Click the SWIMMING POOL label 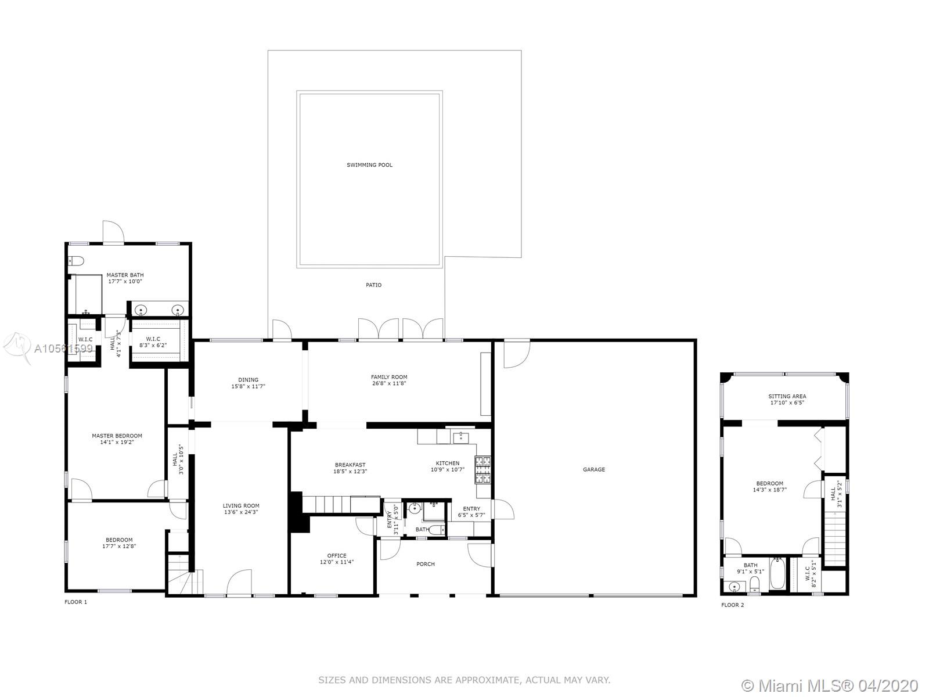point(369,165)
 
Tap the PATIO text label point(374,285)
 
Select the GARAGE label point(594,469)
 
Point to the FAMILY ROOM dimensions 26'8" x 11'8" point(389,383)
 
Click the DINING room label point(248,380)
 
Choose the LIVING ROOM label point(241,506)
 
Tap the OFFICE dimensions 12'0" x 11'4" point(336,562)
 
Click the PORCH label point(426,564)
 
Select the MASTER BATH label point(125,275)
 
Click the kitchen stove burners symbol point(482,470)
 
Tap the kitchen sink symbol point(460,437)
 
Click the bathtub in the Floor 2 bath point(778,574)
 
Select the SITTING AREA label point(787,397)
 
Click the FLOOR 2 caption point(733,605)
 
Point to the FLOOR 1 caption point(75,602)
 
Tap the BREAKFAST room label point(350,465)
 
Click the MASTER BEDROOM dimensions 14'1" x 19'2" point(117,442)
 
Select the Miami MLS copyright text point(830,685)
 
